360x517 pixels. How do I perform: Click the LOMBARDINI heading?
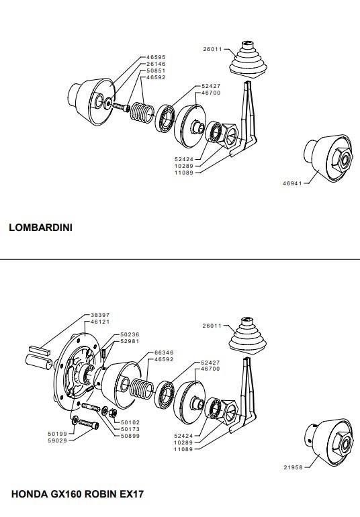[40, 228]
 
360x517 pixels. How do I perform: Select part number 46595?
[156, 57]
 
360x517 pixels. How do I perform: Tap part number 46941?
[292, 183]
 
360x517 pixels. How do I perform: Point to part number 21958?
[293, 467]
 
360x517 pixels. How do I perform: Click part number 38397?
[100, 315]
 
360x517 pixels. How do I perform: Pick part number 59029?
[57, 440]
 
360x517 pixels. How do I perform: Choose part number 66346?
[164, 352]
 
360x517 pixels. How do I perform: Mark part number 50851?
[156, 70]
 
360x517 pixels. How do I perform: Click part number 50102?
[130, 422]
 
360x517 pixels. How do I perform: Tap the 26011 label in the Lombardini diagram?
[212, 49]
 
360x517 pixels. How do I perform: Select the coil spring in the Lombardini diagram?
[142, 111]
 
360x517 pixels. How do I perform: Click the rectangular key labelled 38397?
[40, 350]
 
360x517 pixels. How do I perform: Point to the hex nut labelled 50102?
[112, 412]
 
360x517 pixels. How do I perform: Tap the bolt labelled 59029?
[89, 424]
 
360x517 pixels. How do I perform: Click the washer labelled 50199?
[75, 420]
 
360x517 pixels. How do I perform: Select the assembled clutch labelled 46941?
[328, 158]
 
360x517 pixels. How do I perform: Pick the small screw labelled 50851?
[122, 107]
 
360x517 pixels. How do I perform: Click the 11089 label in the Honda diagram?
[183, 449]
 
